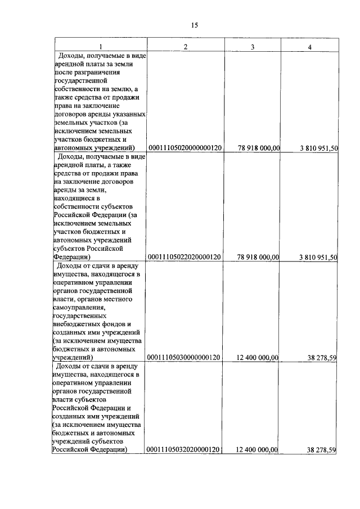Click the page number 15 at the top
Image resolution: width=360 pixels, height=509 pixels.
click(x=195, y=25)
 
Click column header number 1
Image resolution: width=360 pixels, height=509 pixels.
click(x=101, y=46)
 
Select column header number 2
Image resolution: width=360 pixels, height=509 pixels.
click(x=186, y=46)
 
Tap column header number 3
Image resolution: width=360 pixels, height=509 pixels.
click(x=253, y=46)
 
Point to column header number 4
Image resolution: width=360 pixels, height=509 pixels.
click(x=310, y=46)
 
